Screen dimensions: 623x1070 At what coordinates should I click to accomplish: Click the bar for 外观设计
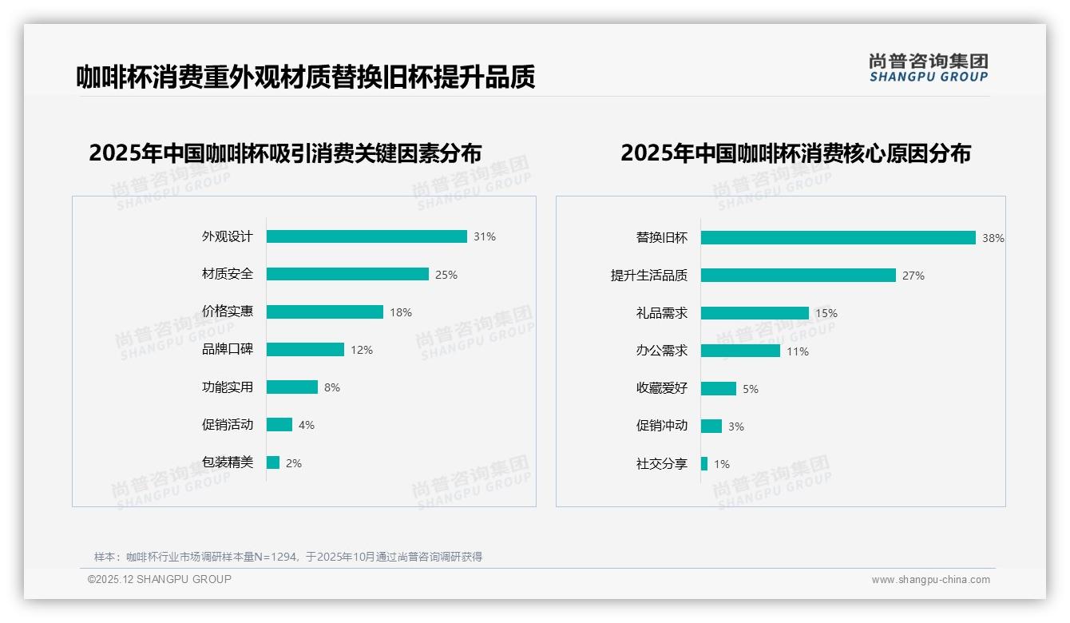click(367, 236)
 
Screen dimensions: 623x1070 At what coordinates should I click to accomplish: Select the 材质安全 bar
click(347, 274)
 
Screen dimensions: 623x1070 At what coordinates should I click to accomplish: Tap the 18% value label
click(401, 312)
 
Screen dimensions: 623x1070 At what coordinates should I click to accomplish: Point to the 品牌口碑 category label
click(228, 349)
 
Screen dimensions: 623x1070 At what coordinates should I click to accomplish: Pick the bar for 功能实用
click(292, 387)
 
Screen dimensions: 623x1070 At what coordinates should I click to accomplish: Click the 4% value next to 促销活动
click(307, 425)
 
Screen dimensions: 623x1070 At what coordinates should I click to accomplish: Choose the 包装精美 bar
click(273, 462)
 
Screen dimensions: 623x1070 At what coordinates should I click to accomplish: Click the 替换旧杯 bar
click(838, 237)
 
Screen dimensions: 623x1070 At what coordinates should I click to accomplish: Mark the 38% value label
click(993, 238)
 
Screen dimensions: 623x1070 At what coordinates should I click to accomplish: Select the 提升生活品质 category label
click(649, 275)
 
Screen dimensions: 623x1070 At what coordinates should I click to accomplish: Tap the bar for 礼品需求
click(755, 313)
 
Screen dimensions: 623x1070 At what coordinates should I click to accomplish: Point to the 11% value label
click(798, 351)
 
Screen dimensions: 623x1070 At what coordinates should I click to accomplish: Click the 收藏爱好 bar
click(719, 388)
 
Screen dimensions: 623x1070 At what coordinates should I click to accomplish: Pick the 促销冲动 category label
click(662, 426)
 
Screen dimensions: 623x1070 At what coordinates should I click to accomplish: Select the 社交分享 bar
click(704, 463)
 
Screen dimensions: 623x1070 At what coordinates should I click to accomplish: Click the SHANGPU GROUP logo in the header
click(929, 68)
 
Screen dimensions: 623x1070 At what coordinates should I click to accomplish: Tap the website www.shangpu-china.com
click(930, 580)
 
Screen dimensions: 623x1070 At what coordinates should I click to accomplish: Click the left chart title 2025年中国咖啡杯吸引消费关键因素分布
click(285, 153)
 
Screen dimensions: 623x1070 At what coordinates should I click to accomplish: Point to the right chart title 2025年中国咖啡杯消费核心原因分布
click(795, 153)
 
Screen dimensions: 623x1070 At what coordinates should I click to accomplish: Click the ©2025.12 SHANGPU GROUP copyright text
click(160, 579)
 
